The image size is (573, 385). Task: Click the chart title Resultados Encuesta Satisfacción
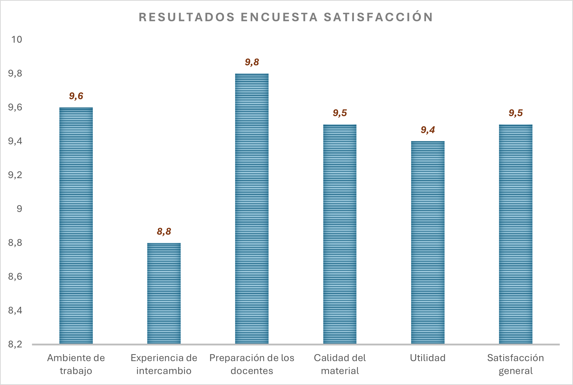click(286, 17)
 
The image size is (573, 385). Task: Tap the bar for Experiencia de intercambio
click(164, 293)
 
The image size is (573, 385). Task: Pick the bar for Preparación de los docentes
click(252, 208)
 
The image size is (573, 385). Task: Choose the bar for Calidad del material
click(340, 234)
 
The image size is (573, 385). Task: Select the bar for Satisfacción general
click(516, 234)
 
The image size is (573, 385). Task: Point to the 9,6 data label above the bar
click(76, 96)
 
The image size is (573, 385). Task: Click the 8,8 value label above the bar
click(164, 232)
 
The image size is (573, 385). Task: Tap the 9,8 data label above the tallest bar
click(252, 62)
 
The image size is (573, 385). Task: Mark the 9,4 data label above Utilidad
click(428, 130)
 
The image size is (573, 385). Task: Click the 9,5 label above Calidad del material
click(340, 113)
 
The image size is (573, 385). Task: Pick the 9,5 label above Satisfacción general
click(516, 113)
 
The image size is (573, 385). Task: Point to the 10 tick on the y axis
click(17, 40)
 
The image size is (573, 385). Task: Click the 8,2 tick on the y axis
click(15, 344)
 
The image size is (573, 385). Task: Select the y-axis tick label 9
click(20, 209)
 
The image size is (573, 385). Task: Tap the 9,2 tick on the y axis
click(15, 175)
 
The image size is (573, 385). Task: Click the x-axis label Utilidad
click(428, 358)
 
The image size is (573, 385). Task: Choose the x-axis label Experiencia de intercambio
click(164, 364)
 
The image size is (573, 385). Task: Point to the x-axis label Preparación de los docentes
click(252, 364)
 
